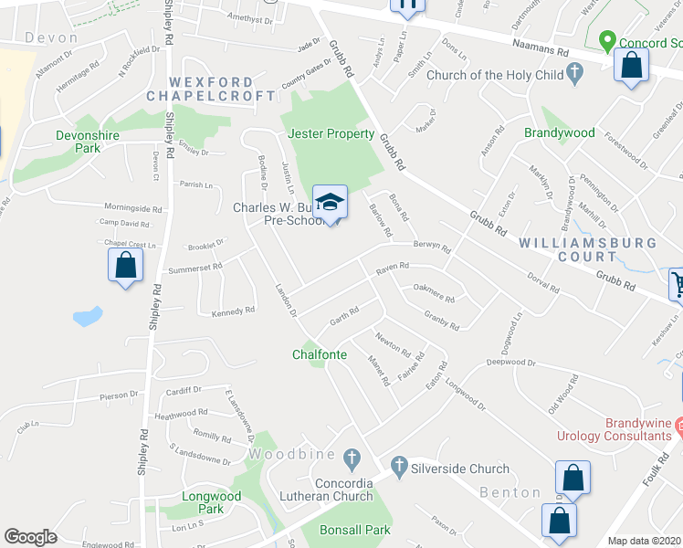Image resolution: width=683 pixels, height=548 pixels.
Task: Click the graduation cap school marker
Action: [330, 201]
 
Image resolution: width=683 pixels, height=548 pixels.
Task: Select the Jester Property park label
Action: [331, 133]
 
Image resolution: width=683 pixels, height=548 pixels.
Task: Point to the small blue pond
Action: [87, 317]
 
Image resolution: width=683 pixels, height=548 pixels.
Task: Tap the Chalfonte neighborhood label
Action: [320, 354]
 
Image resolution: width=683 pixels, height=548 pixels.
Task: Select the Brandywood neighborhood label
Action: [559, 132]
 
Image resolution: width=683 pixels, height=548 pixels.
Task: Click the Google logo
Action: [30, 537]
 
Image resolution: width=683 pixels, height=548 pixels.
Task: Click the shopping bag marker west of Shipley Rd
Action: [125, 266]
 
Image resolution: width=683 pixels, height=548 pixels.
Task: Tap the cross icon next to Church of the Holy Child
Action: [574, 74]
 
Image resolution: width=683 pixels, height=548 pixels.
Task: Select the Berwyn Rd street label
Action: [432, 247]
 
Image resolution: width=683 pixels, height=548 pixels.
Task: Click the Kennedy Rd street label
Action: [233, 312]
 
